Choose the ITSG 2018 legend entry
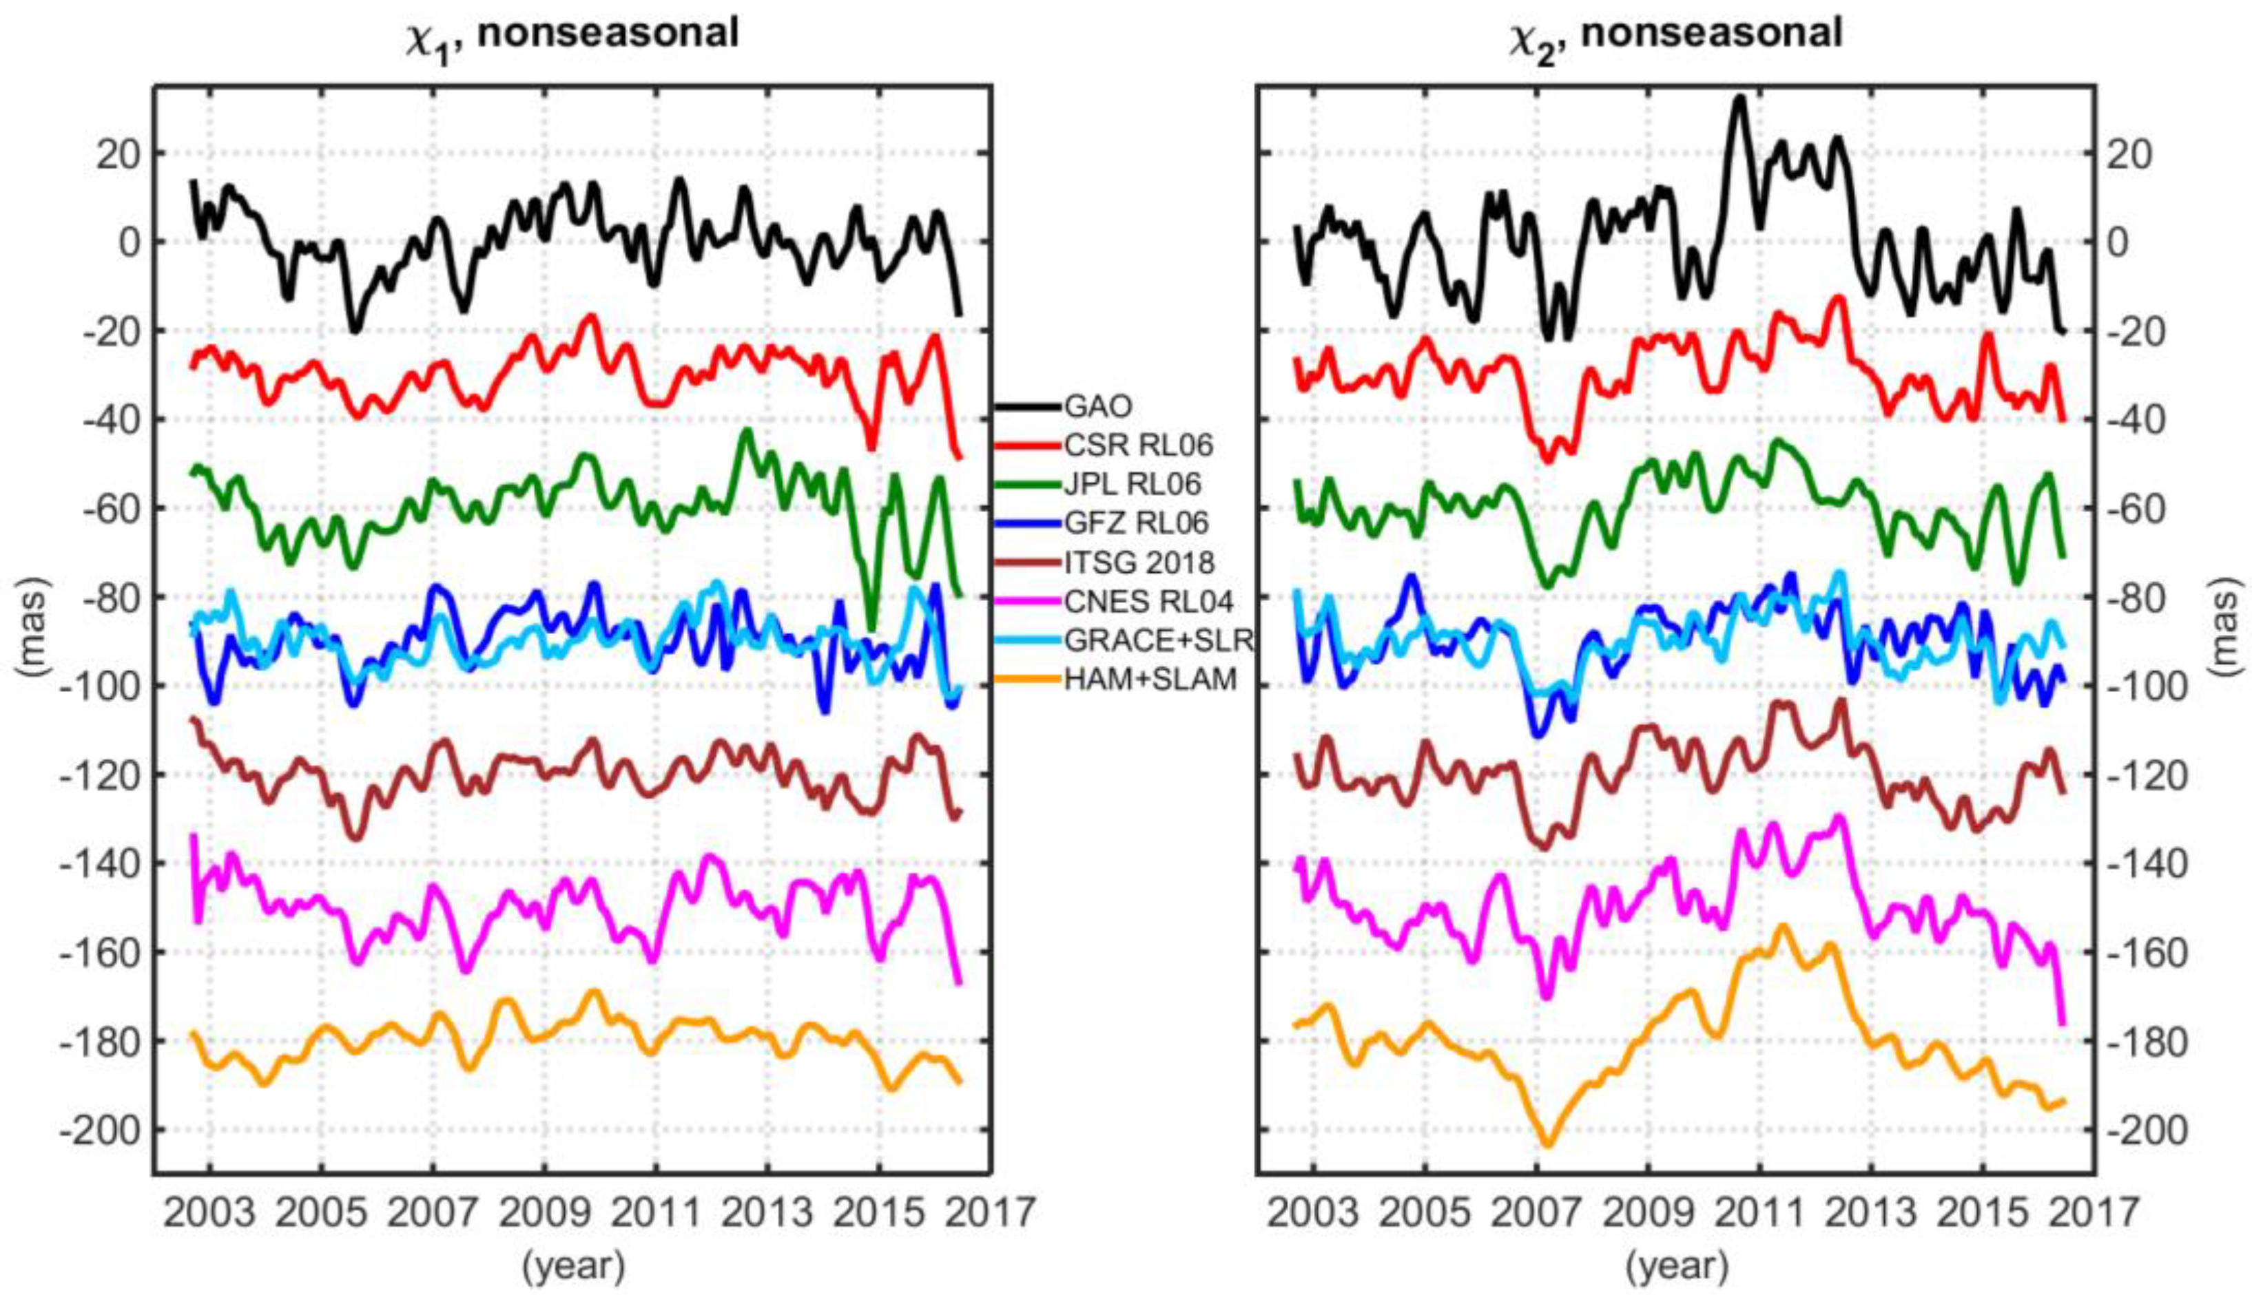coord(1139,562)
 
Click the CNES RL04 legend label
coord(1148,602)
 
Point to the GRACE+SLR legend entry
coord(1157,640)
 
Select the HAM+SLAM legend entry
coord(1150,680)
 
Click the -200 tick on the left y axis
coord(98,1130)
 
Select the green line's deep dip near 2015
coord(872,628)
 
